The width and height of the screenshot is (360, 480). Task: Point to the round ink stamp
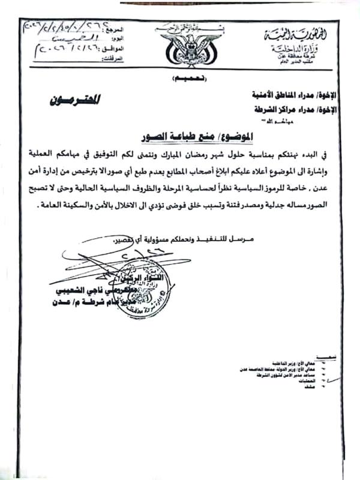pyautogui.click(x=140, y=288)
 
